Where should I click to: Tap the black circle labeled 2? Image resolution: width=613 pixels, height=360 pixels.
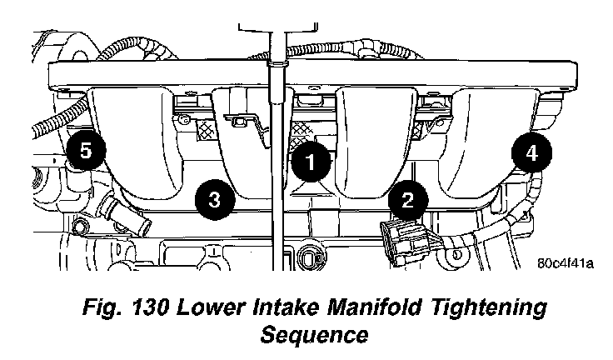[x=408, y=199]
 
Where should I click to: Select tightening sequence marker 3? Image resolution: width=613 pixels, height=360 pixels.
[x=214, y=199]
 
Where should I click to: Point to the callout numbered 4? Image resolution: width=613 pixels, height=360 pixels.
[x=531, y=152]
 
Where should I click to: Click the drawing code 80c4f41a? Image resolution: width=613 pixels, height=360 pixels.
[x=564, y=266]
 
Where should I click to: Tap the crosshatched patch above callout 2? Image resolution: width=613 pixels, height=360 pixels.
[x=426, y=125]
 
